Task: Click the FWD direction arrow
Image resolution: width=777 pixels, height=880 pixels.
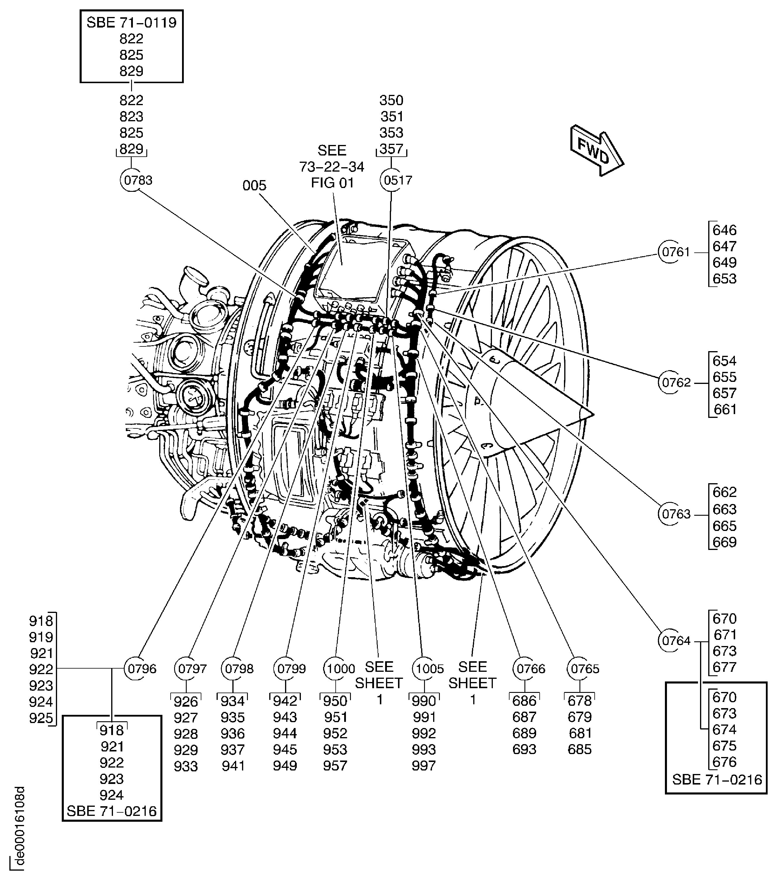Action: pos(597,150)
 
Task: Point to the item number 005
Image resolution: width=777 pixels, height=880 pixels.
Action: pos(254,186)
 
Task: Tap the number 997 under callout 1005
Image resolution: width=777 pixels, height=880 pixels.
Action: pos(424,766)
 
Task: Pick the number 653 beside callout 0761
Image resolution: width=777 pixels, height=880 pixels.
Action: pos(725,278)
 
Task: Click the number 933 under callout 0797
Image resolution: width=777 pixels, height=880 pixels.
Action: pos(186,766)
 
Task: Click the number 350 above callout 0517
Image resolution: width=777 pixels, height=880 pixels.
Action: pos(391,100)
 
